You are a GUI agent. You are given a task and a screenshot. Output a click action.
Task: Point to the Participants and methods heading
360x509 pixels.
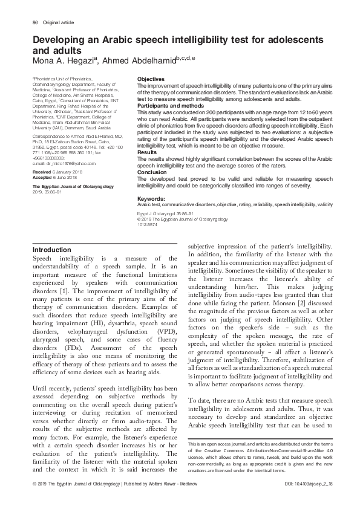169,107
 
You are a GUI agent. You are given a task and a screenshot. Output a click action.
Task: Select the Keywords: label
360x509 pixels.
152,198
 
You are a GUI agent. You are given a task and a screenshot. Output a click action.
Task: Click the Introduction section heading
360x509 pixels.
51,250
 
